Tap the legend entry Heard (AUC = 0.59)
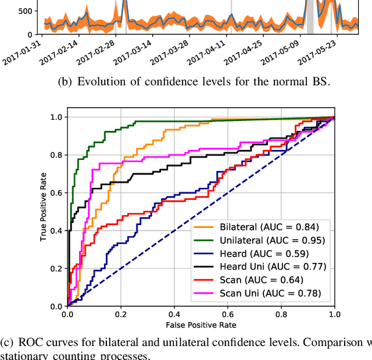(264, 253)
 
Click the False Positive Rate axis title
(201, 325)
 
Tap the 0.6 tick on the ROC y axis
(56, 193)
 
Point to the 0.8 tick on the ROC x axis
(281, 314)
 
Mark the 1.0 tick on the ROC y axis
(56, 117)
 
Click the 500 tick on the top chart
(25, 11)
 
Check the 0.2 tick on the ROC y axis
(56, 268)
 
